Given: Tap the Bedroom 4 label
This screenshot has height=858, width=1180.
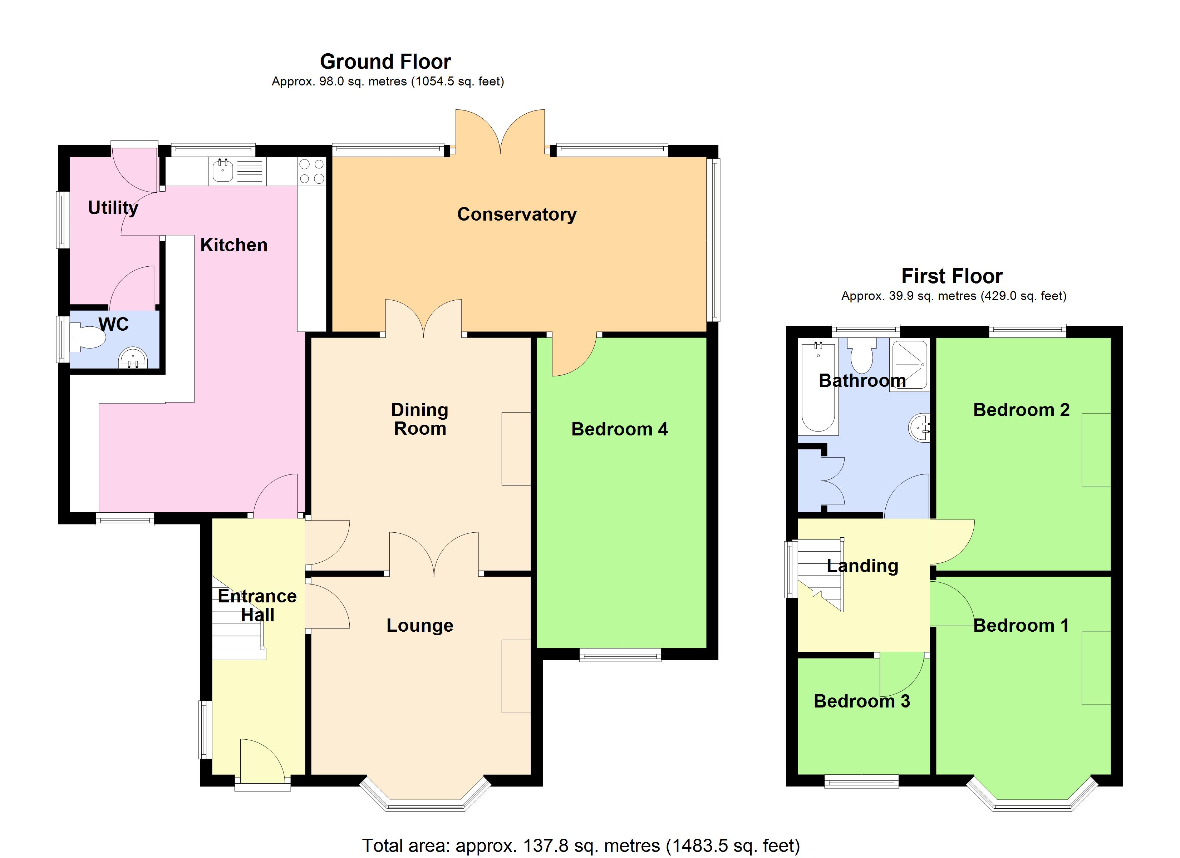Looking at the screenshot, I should pos(619,429).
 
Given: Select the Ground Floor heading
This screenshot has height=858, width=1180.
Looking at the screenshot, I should pos(385,62).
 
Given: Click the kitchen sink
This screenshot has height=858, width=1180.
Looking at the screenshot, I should pos(223,170).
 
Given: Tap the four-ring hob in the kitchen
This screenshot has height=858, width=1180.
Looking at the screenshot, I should pos(311,171).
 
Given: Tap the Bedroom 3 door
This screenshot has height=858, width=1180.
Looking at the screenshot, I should pos(902,674).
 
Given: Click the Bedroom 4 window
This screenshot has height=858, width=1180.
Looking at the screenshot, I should pos(620,655).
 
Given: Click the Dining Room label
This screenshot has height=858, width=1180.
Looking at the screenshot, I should pos(419,419).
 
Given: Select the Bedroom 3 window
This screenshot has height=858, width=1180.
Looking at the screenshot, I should pos(862,781).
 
